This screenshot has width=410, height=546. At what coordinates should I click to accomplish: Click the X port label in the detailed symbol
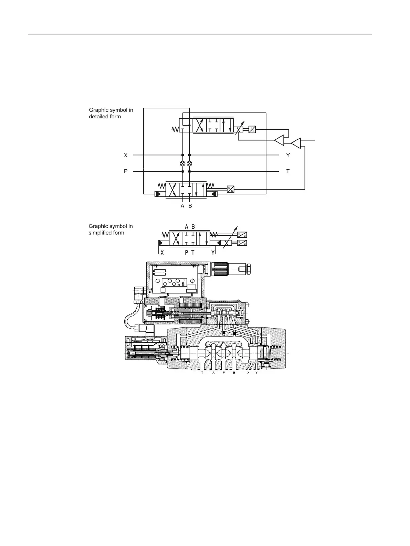tap(126, 155)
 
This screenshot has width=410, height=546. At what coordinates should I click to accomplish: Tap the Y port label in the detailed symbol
tap(288, 155)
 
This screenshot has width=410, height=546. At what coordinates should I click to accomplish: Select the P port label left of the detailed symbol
tap(126, 171)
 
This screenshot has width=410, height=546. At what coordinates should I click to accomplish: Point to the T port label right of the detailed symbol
tap(288, 171)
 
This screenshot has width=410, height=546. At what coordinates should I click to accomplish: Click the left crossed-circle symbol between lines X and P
tap(182, 163)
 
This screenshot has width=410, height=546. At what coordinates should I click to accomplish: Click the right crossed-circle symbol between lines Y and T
tap(189, 163)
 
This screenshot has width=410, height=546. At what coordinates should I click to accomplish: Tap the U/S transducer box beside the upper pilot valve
tap(252, 129)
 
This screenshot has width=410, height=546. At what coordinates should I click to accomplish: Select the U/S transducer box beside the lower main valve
tap(230, 189)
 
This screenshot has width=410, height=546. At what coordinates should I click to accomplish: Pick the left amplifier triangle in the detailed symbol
tap(279, 140)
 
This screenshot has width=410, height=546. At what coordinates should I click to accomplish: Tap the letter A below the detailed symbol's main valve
tap(182, 206)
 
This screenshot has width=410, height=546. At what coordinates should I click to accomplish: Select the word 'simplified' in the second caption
tap(100, 233)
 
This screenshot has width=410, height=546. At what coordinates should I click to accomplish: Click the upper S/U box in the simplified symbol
tap(242, 235)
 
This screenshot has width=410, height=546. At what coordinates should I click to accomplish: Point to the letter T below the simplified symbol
tap(193, 253)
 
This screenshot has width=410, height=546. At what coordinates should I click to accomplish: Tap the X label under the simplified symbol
tap(161, 253)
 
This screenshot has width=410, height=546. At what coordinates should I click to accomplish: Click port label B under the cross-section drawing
tap(234, 373)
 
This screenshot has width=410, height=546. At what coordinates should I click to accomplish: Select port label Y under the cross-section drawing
tap(256, 373)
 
